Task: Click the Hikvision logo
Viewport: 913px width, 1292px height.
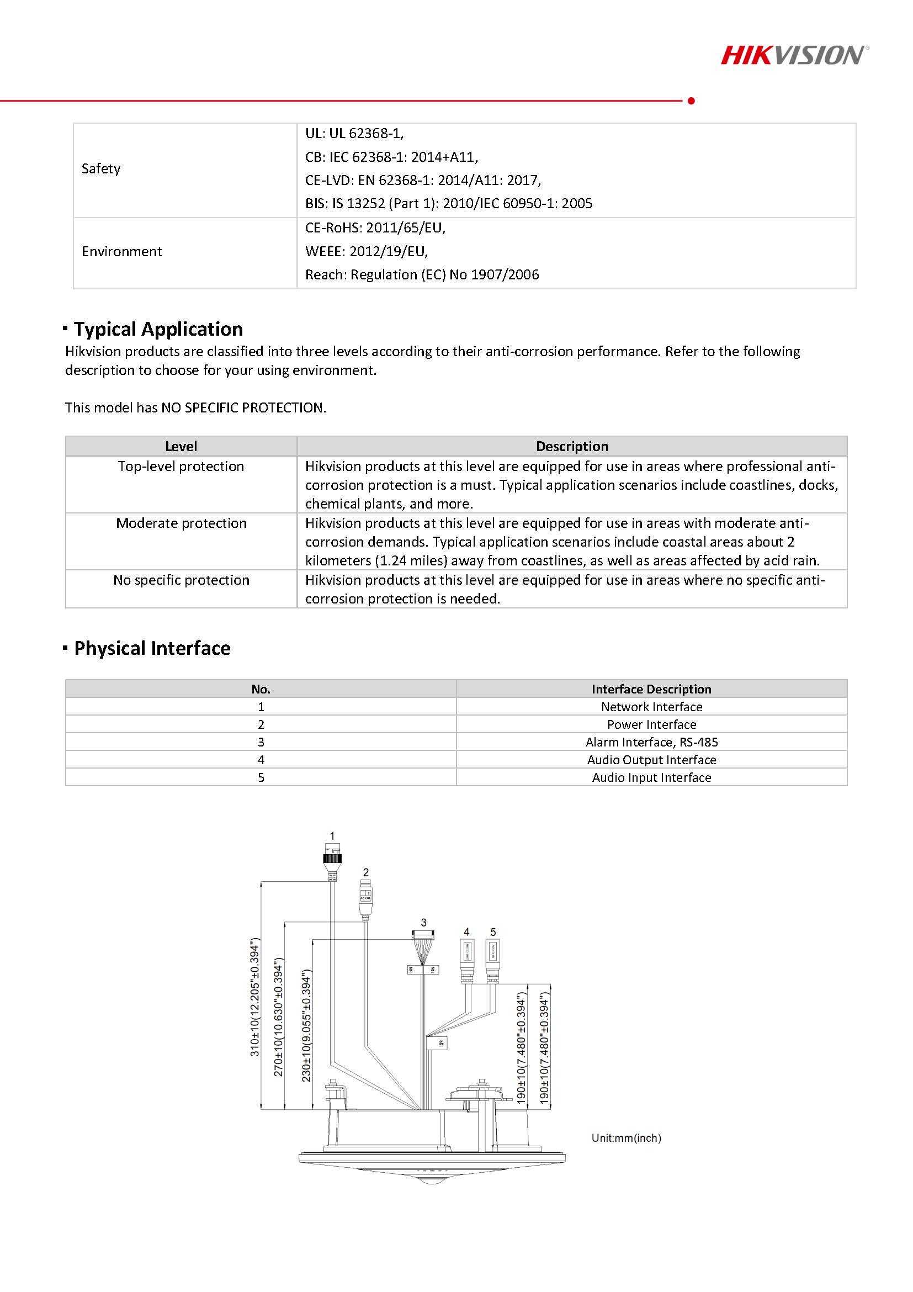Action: click(794, 56)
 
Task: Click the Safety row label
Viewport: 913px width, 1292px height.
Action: click(100, 169)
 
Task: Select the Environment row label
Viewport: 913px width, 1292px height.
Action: click(121, 252)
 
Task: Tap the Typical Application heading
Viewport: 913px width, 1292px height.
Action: click(158, 329)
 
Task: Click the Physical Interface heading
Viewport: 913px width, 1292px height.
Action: click(152, 648)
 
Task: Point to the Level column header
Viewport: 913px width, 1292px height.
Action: click(181, 446)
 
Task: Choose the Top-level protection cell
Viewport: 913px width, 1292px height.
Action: click(181, 467)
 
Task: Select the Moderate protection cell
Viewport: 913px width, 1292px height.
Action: click(181, 523)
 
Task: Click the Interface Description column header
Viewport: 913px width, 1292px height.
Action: click(651, 689)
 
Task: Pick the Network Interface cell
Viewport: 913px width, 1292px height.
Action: click(651, 707)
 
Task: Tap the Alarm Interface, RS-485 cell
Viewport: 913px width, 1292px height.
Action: click(651, 742)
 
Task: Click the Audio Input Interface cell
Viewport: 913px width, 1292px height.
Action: click(651, 777)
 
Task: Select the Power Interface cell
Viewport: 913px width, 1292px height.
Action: click(651, 725)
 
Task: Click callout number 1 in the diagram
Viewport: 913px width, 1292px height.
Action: click(332, 836)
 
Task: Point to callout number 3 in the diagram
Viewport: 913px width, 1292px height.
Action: click(423, 922)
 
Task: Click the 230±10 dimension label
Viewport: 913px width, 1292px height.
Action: click(306, 1025)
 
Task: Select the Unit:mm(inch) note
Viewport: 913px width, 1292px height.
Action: click(626, 1138)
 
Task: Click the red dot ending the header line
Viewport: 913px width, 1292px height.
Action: click(691, 100)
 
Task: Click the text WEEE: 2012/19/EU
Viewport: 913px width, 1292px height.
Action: click(366, 252)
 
